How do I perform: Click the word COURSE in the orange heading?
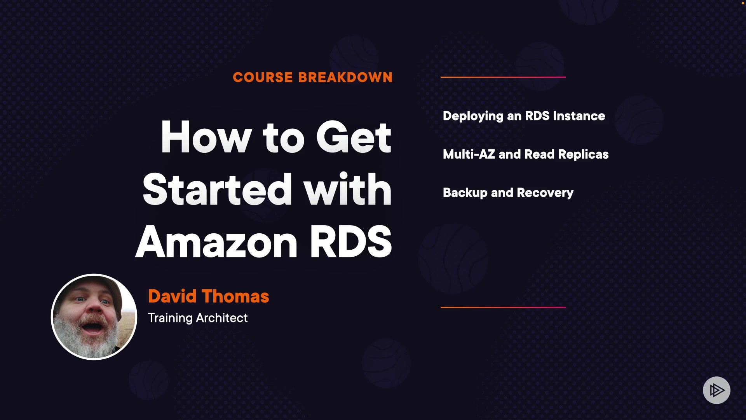(263, 77)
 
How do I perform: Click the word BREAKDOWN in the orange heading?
(345, 77)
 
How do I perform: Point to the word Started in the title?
(217, 189)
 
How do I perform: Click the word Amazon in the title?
(216, 242)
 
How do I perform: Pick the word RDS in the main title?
(350, 242)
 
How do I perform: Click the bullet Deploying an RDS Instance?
(524, 116)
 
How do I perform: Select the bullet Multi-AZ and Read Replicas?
(525, 154)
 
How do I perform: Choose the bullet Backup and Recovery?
(508, 193)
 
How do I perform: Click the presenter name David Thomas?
(208, 296)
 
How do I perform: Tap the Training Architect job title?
(197, 318)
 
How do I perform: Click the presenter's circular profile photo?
(94, 317)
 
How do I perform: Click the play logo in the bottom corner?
(716, 390)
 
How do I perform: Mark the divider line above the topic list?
(503, 77)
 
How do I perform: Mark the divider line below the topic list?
(503, 307)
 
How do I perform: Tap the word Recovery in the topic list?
(545, 193)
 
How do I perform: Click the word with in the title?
(347, 189)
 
